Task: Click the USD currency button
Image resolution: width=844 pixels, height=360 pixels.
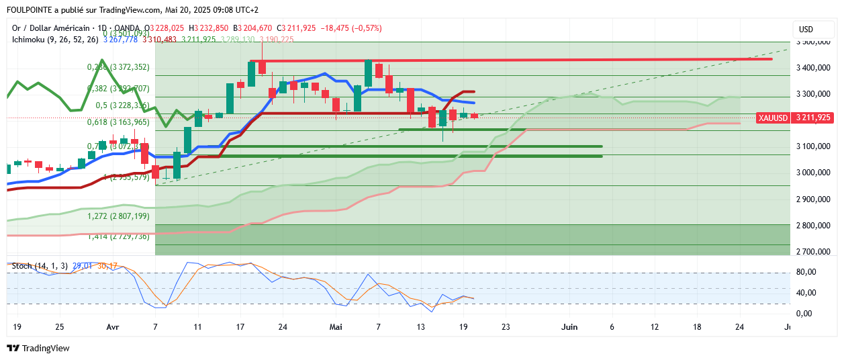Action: (x=806, y=30)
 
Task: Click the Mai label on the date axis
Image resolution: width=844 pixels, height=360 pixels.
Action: (x=336, y=327)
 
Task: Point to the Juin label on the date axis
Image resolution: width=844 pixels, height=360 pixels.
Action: (x=569, y=327)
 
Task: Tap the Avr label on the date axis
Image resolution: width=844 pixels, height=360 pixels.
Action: (x=113, y=327)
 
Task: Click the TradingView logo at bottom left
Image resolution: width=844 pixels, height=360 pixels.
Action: (x=38, y=348)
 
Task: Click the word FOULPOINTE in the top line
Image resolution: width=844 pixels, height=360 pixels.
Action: (x=31, y=10)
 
